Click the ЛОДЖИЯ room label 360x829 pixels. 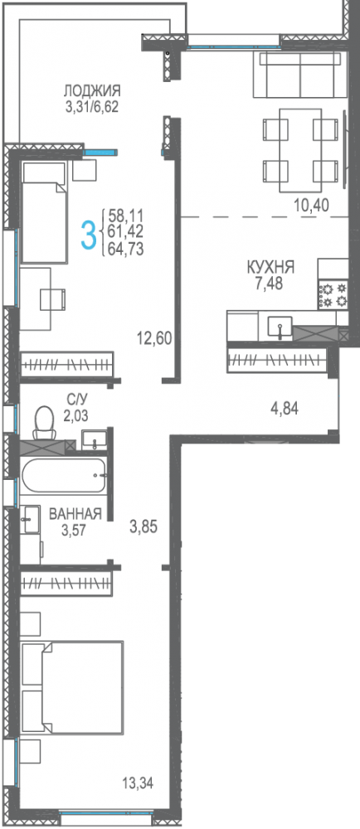point(92,91)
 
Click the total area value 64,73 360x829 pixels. point(125,249)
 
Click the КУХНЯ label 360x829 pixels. point(270,268)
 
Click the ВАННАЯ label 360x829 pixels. point(75,514)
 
